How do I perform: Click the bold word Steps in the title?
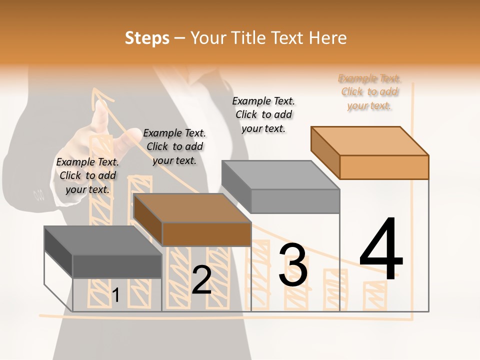[147, 38]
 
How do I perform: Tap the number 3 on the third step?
[292, 265]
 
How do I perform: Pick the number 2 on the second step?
[201, 280]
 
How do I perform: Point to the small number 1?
[115, 295]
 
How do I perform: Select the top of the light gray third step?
[280, 175]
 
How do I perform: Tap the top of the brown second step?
[192, 208]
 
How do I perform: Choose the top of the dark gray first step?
[102, 240]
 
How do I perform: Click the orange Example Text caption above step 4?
[369, 92]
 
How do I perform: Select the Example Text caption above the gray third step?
[263, 114]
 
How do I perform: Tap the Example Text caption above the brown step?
[174, 146]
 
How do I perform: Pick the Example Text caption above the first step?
[87, 175]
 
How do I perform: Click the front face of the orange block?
[384, 167]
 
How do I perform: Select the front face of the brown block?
[206, 234]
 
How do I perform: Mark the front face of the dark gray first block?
[117, 266]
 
